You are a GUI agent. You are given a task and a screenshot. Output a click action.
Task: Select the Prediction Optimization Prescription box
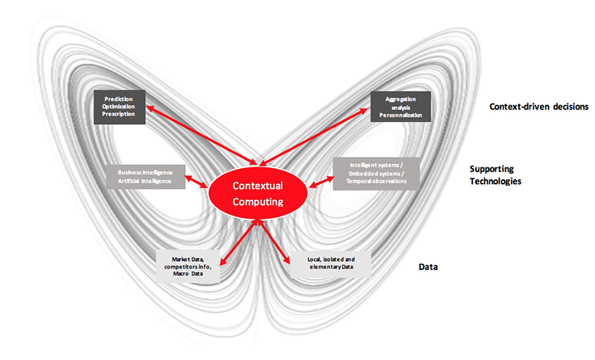(120, 109)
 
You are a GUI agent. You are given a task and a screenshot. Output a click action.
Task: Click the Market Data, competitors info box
(187, 266)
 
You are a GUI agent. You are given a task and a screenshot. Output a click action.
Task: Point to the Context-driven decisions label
(538, 107)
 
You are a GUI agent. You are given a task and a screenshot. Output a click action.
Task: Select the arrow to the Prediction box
(201, 135)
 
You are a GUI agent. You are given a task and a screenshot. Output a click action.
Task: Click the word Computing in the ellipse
(258, 201)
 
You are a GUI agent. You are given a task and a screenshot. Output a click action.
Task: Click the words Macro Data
(187, 274)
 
